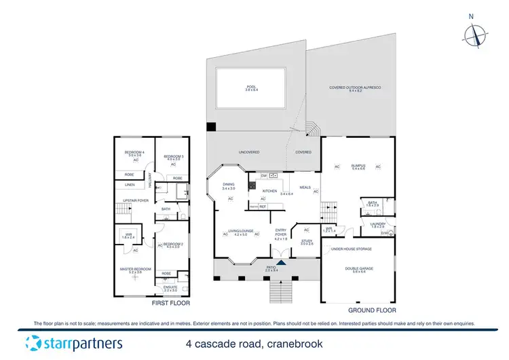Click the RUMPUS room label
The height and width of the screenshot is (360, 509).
click(358, 166)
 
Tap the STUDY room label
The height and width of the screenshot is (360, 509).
click(307, 240)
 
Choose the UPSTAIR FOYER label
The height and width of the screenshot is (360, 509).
click(136, 201)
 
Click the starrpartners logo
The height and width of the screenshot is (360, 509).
click(74, 342)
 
